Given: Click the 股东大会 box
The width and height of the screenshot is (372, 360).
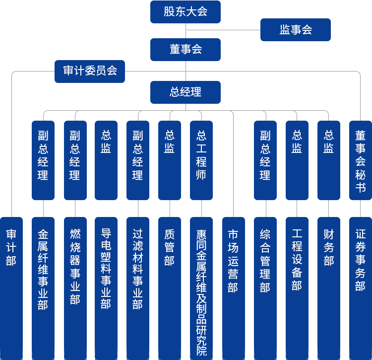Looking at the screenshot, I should (185, 12).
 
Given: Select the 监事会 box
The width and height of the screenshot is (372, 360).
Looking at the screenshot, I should (295, 30).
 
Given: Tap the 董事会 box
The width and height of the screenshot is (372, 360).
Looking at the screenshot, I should (185, 50).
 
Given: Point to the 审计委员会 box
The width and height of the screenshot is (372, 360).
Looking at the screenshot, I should (89, 71).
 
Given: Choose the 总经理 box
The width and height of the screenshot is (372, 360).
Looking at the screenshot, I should (185, 92).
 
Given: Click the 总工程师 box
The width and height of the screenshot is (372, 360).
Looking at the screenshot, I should (201, 159).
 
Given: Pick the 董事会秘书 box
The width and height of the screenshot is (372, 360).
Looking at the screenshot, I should (360, 159).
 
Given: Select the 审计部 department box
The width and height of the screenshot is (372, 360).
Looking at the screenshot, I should (11, 248).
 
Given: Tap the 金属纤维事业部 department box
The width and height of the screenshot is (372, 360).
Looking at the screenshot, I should (43, 268).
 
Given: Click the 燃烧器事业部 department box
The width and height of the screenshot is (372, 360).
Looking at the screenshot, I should (75, 268).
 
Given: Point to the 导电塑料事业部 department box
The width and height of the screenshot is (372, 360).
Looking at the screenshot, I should (106, 268).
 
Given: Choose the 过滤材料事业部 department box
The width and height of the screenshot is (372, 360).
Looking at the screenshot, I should (137, 268).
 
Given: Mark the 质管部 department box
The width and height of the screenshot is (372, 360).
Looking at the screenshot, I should (169, 248).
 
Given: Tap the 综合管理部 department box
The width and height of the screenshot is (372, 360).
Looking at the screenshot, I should (265, 261).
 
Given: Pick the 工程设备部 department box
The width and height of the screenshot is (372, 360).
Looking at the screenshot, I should (297, 261).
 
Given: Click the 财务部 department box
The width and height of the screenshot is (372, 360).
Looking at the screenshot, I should (328, 248).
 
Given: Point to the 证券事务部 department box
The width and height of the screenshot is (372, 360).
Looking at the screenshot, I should (360, 261).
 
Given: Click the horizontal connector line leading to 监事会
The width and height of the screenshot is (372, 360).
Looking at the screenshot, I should (223, 30).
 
